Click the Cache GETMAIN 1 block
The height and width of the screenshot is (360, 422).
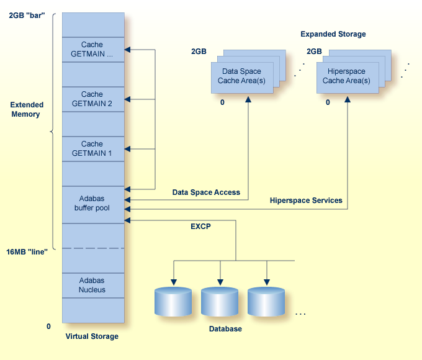92,148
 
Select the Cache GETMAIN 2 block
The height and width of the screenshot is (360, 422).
92,99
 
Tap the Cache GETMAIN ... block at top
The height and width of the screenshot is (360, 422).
92,49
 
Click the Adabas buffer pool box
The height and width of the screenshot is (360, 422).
92,204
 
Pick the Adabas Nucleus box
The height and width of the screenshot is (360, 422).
92,285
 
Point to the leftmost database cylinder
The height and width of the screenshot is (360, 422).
173,302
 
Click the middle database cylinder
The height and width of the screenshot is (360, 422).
220,302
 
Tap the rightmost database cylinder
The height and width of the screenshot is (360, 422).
266,302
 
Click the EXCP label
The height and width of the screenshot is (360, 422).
200,227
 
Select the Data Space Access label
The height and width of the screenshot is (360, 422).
206,192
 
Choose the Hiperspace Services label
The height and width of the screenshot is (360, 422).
306,200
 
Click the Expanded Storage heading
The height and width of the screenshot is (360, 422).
333,34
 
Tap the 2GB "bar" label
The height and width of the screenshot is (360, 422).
27,14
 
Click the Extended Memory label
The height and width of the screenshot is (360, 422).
25,110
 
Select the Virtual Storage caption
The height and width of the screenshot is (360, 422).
92,336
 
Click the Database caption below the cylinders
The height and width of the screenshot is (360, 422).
224,328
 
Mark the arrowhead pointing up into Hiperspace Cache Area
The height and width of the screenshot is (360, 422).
347,99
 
